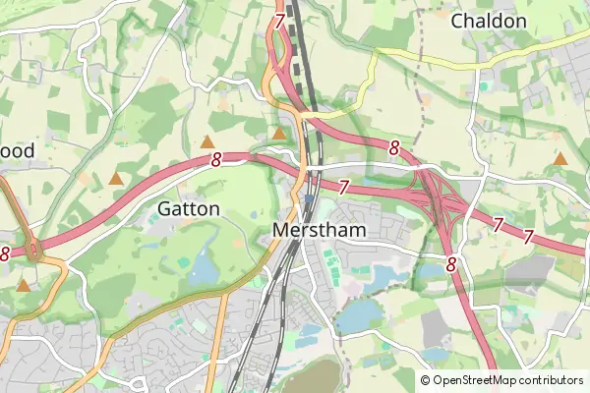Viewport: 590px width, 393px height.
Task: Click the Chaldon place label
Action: tap(489, 21)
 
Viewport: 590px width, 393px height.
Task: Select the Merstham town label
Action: tap(318, 230)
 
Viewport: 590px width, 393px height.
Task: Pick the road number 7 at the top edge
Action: tap(280, 20)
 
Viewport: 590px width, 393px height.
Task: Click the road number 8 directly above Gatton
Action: tap(215, 159)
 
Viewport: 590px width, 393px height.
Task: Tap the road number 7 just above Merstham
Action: tap(344, 186)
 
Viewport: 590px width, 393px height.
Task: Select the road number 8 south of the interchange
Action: tap(450, 264)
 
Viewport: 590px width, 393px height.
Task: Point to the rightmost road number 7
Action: tap(528, 237)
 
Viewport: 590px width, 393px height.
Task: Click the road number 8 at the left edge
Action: tap(5, 253)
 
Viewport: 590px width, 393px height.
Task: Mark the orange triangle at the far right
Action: tap(560, 158)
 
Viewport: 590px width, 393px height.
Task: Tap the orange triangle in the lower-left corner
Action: tap(23, 286)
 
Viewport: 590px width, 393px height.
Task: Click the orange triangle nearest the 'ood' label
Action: tap(116, 179)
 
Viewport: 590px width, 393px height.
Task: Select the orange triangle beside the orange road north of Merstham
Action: tap(279, 133)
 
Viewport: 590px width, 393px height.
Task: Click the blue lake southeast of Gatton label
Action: tap(204, 267)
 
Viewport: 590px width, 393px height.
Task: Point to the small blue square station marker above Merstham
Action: tap(309, 198)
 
